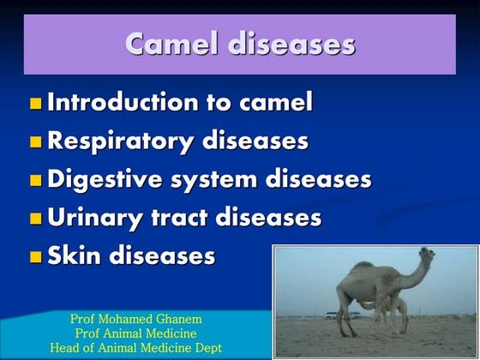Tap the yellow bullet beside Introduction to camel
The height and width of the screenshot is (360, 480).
(x=35, y=105)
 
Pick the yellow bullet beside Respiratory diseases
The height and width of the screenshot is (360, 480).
(x=35, y=142)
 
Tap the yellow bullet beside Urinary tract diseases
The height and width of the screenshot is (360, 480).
(x=35, y=219)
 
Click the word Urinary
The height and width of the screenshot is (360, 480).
(x=95, y=218)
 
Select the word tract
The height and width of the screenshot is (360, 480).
(x=180, y=218)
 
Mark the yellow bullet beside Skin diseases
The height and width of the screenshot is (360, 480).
(x=35, y=256)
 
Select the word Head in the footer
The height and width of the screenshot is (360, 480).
(x=63, y=347)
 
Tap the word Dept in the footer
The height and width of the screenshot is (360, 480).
(x=206, y=347)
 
